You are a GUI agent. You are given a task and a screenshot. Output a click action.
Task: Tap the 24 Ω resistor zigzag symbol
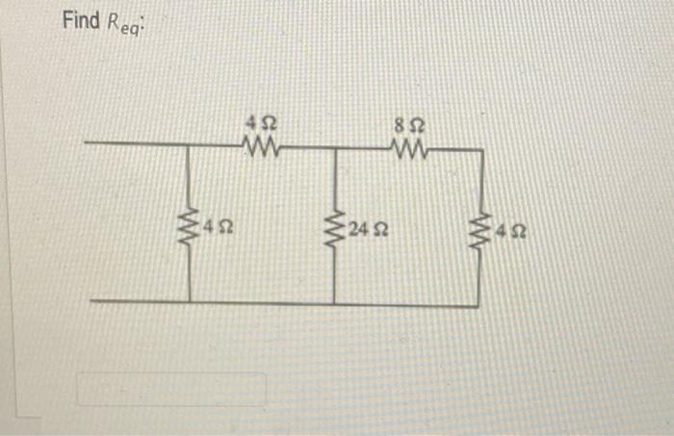pos(335,229)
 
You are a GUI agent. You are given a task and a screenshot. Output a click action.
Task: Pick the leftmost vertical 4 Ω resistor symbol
pos(189,229)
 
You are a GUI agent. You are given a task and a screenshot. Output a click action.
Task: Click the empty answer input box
pos(172,389)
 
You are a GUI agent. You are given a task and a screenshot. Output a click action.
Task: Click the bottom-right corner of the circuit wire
pos(479,305)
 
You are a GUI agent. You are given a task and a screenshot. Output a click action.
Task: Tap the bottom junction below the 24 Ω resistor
pos(335,303)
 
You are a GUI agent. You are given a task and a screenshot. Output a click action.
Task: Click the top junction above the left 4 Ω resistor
pos(189,145)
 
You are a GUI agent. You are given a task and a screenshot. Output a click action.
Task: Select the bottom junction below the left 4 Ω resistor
pos(189,300)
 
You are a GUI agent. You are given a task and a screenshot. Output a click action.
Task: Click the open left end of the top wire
pos(87,144)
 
